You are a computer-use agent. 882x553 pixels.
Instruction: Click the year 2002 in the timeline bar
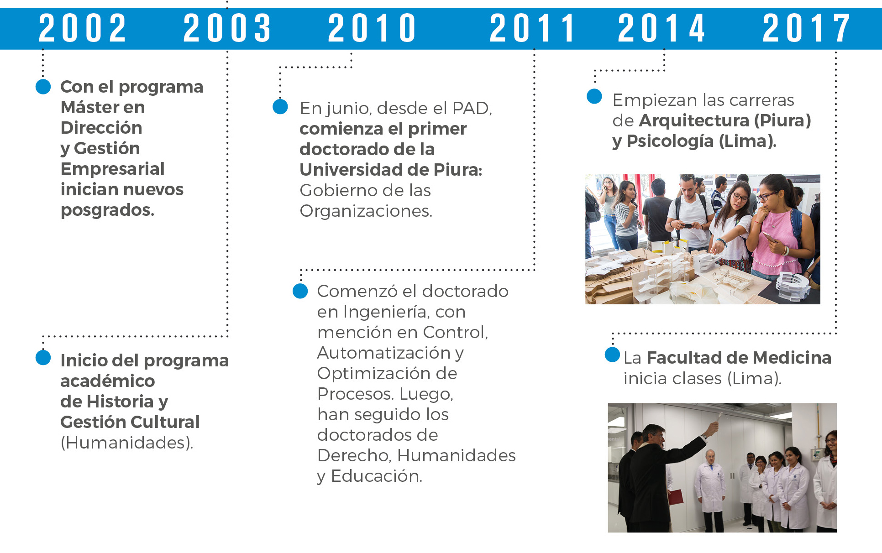(82, 28)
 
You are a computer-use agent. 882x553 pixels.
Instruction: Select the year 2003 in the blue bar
(227, 28)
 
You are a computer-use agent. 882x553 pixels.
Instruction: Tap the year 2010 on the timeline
(372, 28)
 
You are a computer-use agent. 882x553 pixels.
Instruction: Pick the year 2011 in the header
(532, 28)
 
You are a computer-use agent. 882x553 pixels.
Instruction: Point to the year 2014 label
(661, 28)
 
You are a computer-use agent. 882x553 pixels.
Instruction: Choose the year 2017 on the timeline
(806, 28)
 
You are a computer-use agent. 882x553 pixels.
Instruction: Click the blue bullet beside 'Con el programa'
(43, 87)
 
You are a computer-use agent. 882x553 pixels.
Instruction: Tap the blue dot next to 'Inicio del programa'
(43, 358)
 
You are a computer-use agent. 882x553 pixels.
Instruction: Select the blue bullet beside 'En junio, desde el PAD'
(280, 107)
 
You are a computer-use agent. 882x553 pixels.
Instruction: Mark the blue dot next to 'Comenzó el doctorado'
(300, 291)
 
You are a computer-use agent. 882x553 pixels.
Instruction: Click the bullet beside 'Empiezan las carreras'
(594, 96)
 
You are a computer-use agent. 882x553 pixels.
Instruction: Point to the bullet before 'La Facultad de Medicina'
(612, 355)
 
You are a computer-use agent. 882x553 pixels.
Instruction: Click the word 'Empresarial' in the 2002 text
(112, 169)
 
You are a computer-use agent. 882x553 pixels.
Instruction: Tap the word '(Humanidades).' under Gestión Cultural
(127, 443)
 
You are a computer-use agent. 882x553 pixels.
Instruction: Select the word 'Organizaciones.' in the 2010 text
(366, 211)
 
